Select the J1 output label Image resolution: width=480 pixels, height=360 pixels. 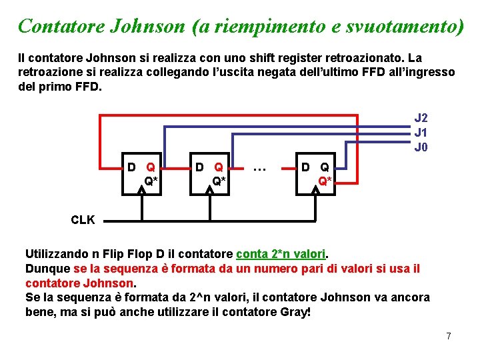(421, 132)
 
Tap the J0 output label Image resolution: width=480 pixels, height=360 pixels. (421, 147)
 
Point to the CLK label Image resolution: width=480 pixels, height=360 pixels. (83, 220)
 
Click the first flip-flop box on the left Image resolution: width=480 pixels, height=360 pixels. (143, 175)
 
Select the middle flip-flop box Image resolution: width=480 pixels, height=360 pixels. (209, 175)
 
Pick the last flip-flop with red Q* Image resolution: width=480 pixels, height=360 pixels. (316, 175)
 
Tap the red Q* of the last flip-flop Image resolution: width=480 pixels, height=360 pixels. (325, 181)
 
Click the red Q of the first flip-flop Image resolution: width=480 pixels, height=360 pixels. (151, 167)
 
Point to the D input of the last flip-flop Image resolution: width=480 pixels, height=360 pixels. (305, 167)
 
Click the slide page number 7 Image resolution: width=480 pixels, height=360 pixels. (449, 336)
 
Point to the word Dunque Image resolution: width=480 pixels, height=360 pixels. (47, 269)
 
